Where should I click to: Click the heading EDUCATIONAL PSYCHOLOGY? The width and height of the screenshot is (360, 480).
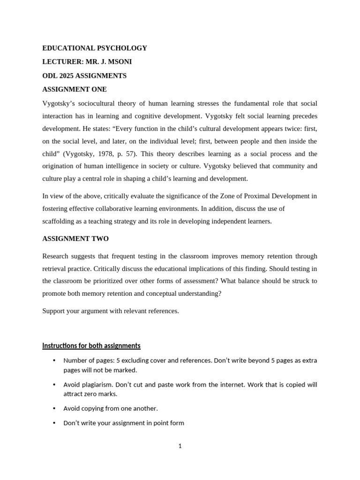(x=95, y=48)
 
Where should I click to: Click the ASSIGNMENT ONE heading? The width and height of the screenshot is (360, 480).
(x=75, y=89)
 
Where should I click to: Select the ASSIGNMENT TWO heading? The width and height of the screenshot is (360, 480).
(x=75, y=239)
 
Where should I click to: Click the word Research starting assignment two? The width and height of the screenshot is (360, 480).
(x=55, y=256)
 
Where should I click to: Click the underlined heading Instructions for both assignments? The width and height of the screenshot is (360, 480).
(x=91, y=346)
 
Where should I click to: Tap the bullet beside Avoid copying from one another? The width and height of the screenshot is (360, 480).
(x=54, y=408)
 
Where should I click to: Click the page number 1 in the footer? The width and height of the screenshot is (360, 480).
(x=180, y=446)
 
